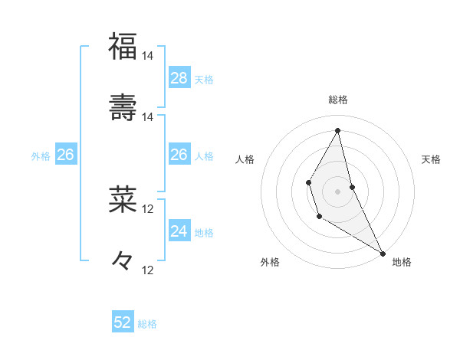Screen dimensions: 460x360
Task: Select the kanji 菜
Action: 123,199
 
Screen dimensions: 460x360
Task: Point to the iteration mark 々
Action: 123,260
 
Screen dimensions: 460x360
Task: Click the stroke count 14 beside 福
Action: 147,56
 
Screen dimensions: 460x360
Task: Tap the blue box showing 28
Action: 179,78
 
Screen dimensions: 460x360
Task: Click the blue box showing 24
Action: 179,231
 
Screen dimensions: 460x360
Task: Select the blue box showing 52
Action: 123,322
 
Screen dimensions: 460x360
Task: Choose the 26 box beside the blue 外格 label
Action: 65,155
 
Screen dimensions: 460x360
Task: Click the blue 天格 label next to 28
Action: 204,80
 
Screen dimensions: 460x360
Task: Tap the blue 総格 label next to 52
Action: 147,324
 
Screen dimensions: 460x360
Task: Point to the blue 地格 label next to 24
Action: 204,233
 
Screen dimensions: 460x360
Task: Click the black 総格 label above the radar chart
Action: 338,100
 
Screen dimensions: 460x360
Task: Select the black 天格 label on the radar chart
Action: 432,159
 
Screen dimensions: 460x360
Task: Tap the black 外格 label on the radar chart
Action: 270,262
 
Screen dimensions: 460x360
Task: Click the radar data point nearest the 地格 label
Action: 383,253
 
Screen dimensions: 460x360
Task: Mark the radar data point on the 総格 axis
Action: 337,130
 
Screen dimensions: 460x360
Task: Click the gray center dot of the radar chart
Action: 337,191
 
